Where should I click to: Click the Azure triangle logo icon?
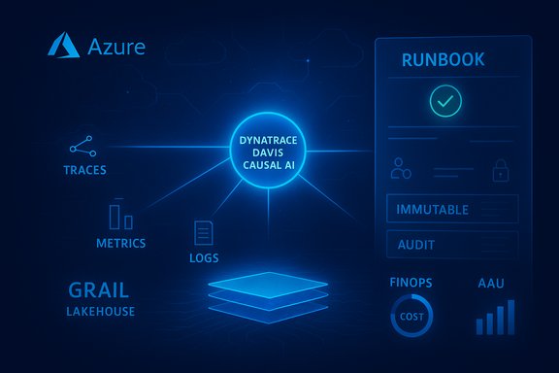click(64, 46)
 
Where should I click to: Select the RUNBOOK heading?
click(443, 60)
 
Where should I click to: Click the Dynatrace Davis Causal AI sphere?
click(275, 154)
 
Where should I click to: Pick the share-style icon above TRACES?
click(82, 147)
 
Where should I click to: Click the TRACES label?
click(84, 170)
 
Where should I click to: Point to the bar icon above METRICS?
click(120, 217)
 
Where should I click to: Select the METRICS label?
click(121, 242)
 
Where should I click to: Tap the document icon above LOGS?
click(204, 233)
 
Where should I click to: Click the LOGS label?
click(204, 258)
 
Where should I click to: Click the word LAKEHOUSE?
click(101, 312)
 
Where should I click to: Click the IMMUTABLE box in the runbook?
click(451, 209)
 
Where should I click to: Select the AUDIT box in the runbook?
click(451, 245)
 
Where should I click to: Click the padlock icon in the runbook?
click(501, 172)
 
